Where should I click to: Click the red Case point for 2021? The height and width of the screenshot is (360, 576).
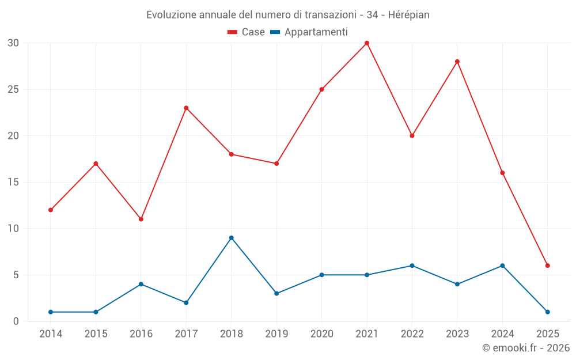click(x=367, y=43)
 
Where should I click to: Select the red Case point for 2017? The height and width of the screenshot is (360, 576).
click(x=186, y=108)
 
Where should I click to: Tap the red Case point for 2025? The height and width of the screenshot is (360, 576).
click(x=548, y=266)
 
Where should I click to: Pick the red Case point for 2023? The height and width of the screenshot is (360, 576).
click(x=457, y=62)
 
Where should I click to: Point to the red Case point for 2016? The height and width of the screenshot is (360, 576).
click(x=141, y=219)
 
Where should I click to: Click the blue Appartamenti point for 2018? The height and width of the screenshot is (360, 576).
click(x=231, y=238)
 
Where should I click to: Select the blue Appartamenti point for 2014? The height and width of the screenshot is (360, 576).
click(x=51, y=312)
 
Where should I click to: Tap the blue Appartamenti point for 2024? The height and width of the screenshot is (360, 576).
click(x=502, y=266)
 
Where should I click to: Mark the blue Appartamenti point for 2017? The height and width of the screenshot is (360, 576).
click(x=186, y=302)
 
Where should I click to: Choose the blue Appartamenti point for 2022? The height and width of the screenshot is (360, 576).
click(x=412, y=266)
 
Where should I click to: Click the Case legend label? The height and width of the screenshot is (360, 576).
click(x=253, y=32)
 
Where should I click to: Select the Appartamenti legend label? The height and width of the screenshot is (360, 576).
click(x=316, y=32)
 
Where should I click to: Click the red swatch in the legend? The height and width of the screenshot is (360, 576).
click(x=233, y=32)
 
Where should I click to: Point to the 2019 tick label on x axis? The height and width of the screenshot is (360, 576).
click(x=276, y=334)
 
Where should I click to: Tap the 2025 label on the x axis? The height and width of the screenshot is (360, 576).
click(x=548, y=334)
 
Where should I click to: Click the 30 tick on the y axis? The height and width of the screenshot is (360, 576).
click(x=13, y=43)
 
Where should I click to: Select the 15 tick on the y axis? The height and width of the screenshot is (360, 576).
click(x=13, y=182)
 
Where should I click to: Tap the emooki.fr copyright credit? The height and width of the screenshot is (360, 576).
click(x=525, y=348)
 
